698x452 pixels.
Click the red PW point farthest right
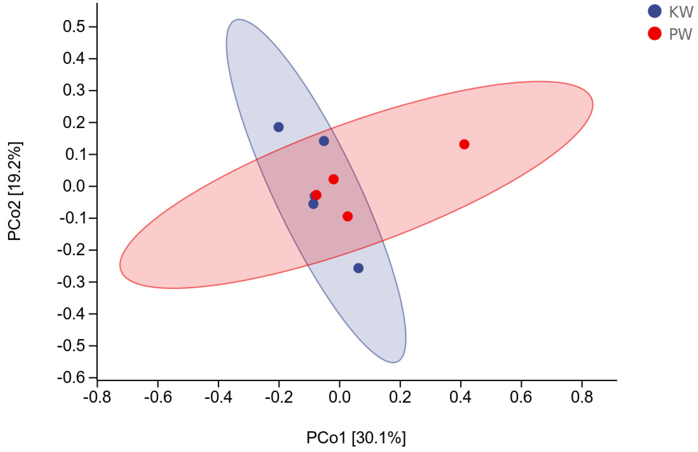(464, 144)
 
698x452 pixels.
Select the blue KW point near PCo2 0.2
(278, 127)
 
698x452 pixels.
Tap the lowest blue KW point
(358, 268)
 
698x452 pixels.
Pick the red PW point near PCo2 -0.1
(347, 216)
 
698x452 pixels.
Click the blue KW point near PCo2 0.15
(324, 141)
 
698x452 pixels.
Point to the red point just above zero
(333, 179)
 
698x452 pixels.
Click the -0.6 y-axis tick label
(71, 378)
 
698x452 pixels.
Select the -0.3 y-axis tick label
(71, 282)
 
